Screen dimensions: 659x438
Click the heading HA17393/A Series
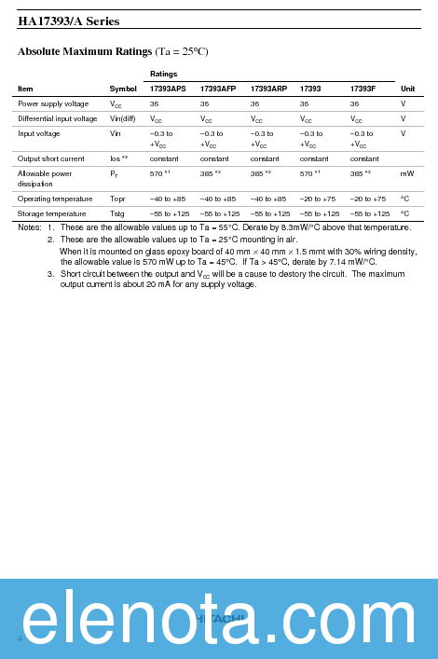click(x=69, y=21)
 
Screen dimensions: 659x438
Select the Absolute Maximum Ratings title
click(x=113, y=51)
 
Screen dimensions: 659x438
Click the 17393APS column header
click(x=168, y=89)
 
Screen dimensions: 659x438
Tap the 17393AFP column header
click(x=218, y=89)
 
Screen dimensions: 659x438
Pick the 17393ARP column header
click(x=268, y=89)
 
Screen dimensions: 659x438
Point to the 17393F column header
click(x=363, y=89)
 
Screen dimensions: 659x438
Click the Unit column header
click(x=407, y=89)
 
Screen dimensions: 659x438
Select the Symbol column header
click(x=123, y=89)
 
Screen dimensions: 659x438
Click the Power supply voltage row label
click(x=53, y=103)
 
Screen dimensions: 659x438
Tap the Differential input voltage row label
click(x=57, y=118)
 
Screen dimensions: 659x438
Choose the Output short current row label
click(x=50, y=158)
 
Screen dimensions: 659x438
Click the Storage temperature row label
click(x=51, y=213)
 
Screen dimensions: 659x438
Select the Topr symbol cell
click(x=117, y=199)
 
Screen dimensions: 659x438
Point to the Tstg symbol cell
click(x=116, y=213)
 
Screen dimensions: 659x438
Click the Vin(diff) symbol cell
click(x=122, y=118)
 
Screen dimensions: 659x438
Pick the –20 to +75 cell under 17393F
click(x=368, y=199)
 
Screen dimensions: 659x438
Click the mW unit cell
click(x=407, y=173)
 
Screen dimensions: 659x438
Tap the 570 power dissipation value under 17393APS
click(x=157, y=173)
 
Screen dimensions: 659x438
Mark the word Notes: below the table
click(x=29, y=227)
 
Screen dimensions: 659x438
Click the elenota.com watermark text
click(x=219, y=621)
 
